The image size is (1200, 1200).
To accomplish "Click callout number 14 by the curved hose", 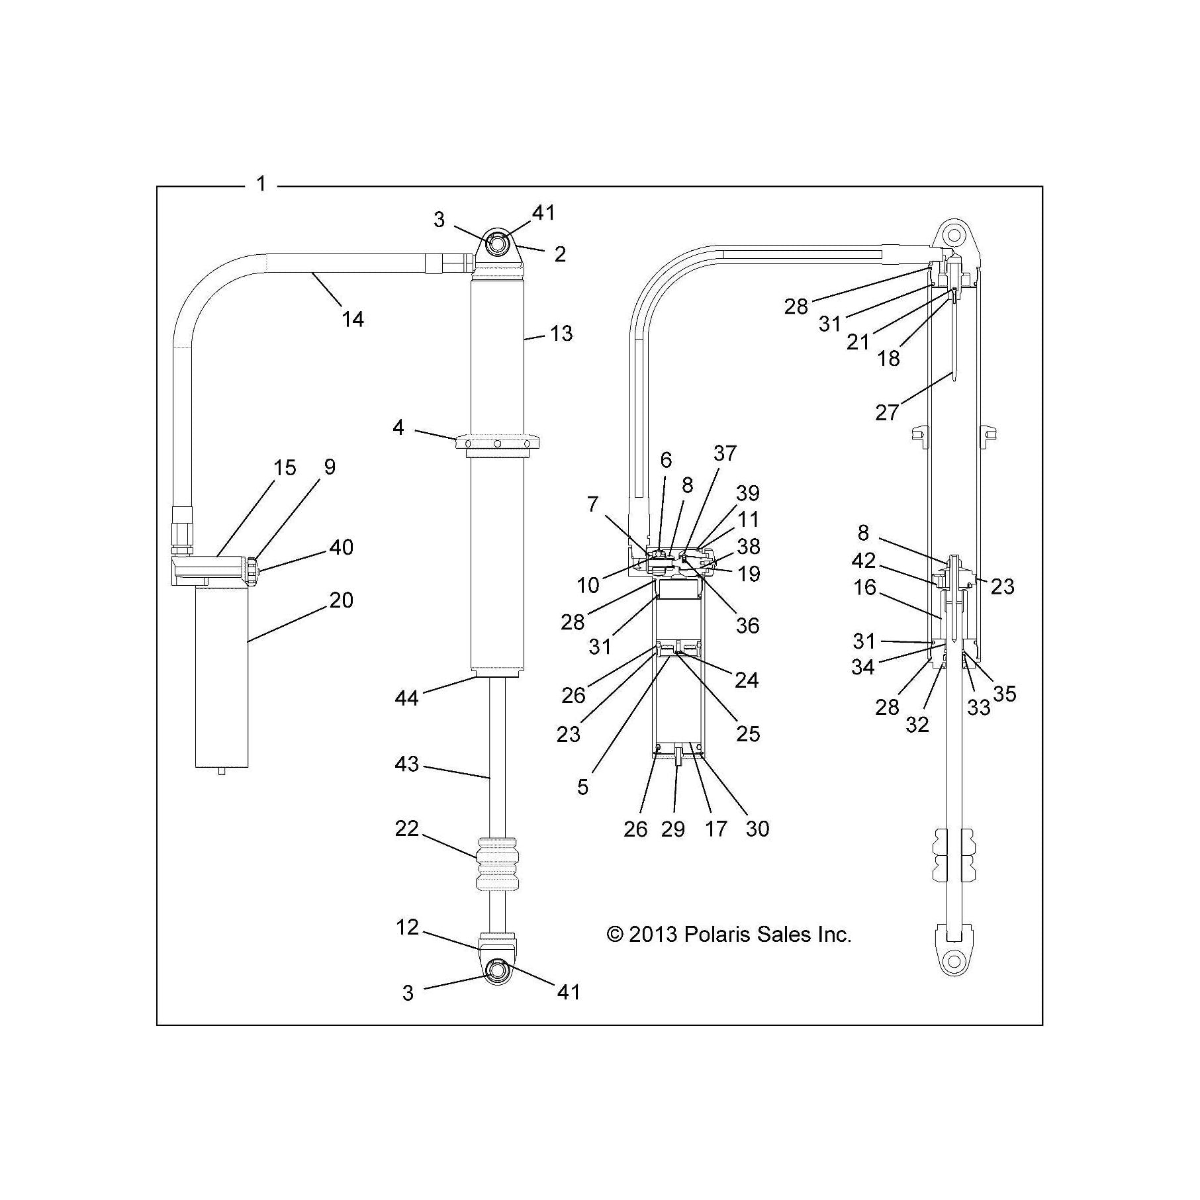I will (353, 319).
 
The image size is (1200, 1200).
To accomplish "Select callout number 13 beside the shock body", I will (561, 334).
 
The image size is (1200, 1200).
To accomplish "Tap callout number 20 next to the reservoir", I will (341, 600).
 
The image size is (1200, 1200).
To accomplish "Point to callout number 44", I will (406, 698).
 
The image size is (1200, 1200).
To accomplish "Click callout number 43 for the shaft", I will (406, 764).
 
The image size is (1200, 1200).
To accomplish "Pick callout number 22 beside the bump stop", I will (406, 828).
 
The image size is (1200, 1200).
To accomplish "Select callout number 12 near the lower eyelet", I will (408, 927).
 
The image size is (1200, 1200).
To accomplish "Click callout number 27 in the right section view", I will (887, 412).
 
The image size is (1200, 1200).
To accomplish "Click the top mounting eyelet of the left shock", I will (498, 244).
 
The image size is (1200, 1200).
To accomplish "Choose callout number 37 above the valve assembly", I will (725, 453).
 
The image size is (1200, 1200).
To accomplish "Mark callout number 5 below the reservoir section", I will (582, 787).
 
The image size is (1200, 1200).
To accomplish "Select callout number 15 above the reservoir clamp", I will (285, 468).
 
